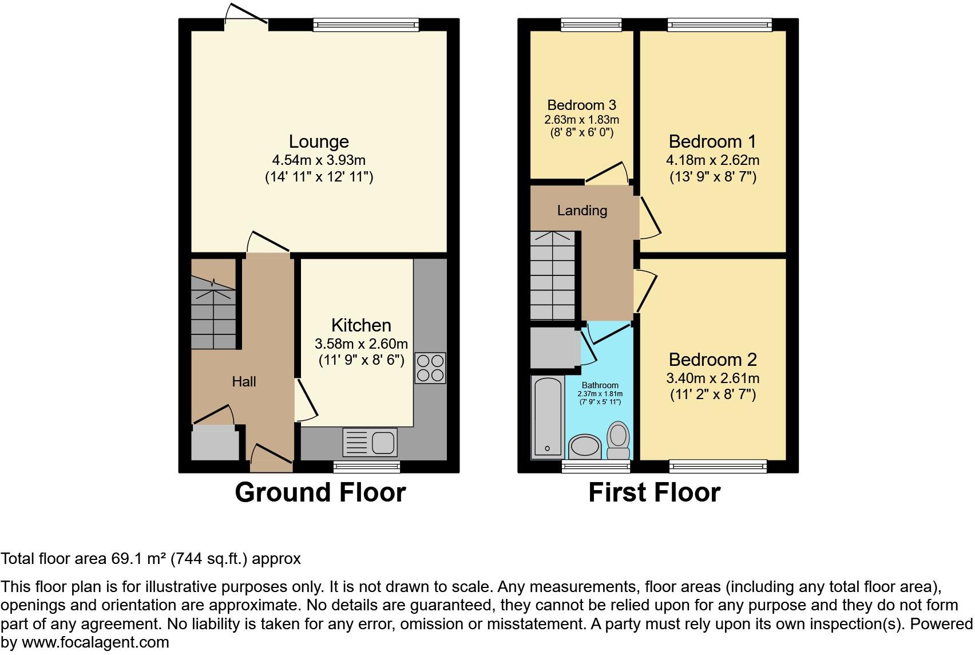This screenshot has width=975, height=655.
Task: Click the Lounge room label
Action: click(319, 141)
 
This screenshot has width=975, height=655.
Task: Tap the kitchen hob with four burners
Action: click(430, 368)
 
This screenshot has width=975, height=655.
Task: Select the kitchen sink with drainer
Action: click(370, 442)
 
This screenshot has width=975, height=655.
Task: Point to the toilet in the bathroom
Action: click(618, 441)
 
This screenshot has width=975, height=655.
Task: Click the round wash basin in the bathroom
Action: click(585, 446)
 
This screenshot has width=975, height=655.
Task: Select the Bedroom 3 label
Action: click(581, 105)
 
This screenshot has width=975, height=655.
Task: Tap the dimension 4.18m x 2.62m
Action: click(712, 160)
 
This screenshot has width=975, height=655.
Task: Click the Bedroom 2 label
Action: click(712, 360)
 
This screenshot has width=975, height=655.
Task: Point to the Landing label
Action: click(582, 210)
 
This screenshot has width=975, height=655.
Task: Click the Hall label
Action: click(244, 381)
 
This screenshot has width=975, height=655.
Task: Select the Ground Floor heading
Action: click(320, 492)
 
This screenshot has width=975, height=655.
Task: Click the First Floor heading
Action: click(654, 492)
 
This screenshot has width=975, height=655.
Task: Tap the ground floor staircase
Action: click(213, 312)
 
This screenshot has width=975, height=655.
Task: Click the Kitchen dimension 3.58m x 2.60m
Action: click(361, 344)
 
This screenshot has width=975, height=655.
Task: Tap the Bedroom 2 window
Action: click(718, 467)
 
